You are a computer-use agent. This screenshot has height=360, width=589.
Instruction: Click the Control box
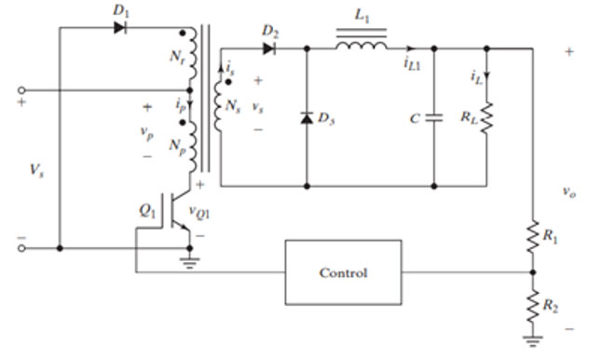pos(343,272)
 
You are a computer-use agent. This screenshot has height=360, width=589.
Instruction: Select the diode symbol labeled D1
pos(119,27)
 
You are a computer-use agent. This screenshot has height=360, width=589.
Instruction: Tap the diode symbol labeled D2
pos(268,48)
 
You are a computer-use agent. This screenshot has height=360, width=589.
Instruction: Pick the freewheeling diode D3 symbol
pos(308,118)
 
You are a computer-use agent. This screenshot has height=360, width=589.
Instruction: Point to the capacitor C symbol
pos(434,118)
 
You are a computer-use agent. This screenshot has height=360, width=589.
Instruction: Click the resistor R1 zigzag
pos(533,230)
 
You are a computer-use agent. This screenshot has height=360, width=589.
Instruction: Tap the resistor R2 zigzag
pos(533,305)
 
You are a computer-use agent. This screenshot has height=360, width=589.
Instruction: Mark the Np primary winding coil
pos(192,145)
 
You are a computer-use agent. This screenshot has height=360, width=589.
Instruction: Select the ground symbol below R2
pos(533,339)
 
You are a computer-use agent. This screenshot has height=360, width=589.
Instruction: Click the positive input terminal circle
pos(21,90)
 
